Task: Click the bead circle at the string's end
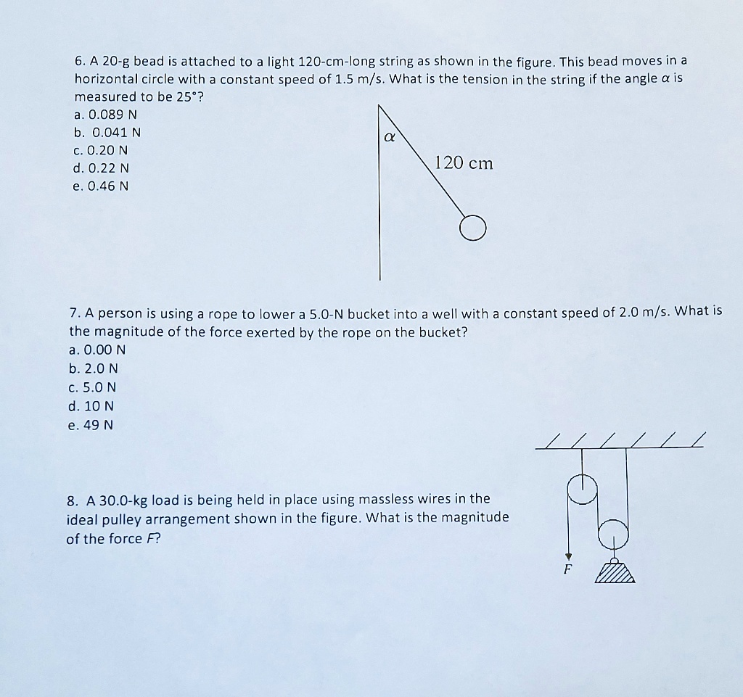pyautogui.click(x=472, y=228)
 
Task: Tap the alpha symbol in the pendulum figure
pyautogui.click(x=388, y=136)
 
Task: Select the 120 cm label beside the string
pyautogui.click(x=464, y=163)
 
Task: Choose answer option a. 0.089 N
pyautogui.click(x=106, y=115)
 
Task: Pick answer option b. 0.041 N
pyautogui.click(x=107, y=133)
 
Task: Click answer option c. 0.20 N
pyautogui.click(x=102, y=150)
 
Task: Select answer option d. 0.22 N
pyautogui.click(x=102, y=168)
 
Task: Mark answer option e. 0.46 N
pyautogui.click(x=102, y=186)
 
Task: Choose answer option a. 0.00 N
pyautogui.click(x=97, y=349)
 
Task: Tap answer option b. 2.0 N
pyautogui.click(x=94, y=368)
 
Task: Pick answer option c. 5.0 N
pyautogui.click(x=93, y=387)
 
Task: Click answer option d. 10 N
pyautogui.click(x=91, y=406)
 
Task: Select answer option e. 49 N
pyautogui.click(x=91, y=425)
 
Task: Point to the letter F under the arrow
pyautogui.click(x=569, y=569)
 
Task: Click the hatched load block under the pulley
pyautogui.click(x=615, y=572)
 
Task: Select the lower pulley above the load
pyautogui.click(x=613, y=532)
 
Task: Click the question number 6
pyautogui.click(x=79, y=61)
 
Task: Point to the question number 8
pyautogui.click(x=72, y=500)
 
